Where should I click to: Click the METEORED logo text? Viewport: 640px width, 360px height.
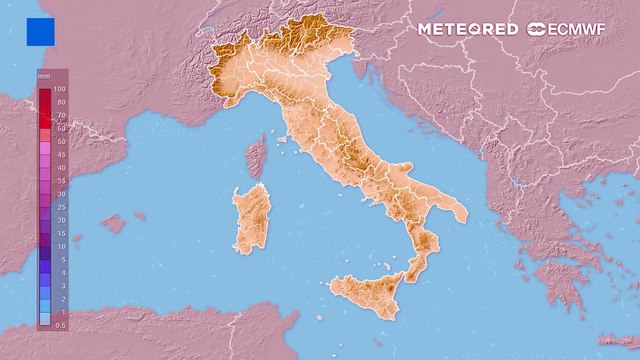click(468, 29)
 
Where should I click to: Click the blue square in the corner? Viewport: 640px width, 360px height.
click(41, 32)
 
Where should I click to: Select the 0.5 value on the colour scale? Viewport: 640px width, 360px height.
click(61, 324)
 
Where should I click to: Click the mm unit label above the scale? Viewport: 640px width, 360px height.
click(43, 76)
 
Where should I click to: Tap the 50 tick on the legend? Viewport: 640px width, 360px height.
click(61, 142)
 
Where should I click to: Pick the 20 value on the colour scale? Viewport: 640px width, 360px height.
click(61, 220)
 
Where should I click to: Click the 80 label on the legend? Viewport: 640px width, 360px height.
click(61, 103)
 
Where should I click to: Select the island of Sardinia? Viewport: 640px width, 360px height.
click(251, 217)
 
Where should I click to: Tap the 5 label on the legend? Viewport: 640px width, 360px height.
click(61, 259)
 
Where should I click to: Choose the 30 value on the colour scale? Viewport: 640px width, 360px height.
click(61, 194)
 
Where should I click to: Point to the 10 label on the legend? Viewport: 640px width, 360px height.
click(61, 246)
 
